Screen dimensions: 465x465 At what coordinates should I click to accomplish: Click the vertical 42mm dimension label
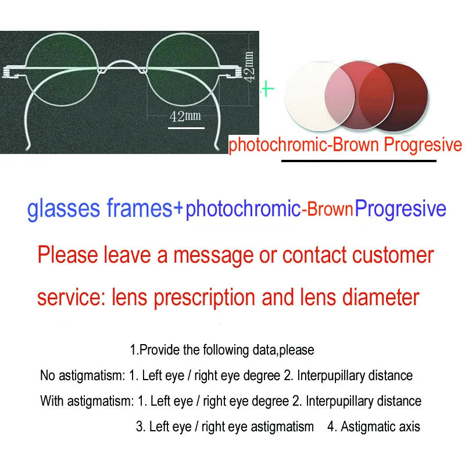(249, 67)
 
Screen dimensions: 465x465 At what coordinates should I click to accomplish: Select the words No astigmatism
(82, 375)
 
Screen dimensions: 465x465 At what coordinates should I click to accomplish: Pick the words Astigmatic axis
(380, 427)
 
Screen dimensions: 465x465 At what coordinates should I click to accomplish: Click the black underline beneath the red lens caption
(358, 160)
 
